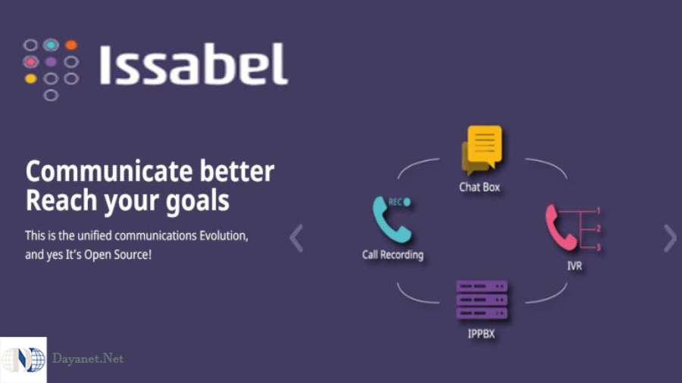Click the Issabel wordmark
[x=193, y=64]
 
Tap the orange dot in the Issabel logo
[x=71, y=45]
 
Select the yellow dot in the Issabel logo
[x=30, y=78]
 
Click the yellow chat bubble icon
[x=482, y=148]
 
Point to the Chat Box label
[x=480, y=186]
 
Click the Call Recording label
[x=393, y=254]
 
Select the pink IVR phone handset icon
[x=561, y=226]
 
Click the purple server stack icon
[x=481, y=300]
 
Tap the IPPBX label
[x=481, y=333]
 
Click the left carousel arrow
[x=296, y=238]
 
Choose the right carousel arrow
[x=669, y=238]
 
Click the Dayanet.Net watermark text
[x=88, y=359]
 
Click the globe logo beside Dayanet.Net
[x=23, y=360]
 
